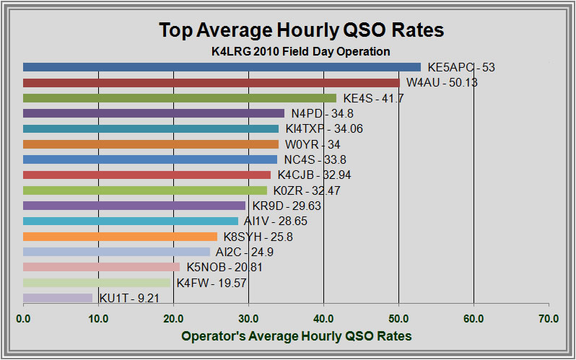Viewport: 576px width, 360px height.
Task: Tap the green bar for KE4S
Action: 180,98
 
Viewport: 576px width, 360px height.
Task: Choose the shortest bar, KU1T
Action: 58,297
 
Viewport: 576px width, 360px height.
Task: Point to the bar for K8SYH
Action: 120,236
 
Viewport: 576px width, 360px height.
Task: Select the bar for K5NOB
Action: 101,267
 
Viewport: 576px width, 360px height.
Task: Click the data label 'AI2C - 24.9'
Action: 248,252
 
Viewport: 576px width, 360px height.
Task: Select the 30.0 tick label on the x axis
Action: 248,317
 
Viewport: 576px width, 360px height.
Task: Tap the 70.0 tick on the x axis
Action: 549,317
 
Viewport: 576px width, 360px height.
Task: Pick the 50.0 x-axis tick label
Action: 398,317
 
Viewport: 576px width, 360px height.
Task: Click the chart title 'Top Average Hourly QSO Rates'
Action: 301,30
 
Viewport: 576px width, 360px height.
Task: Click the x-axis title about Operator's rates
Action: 296,336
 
